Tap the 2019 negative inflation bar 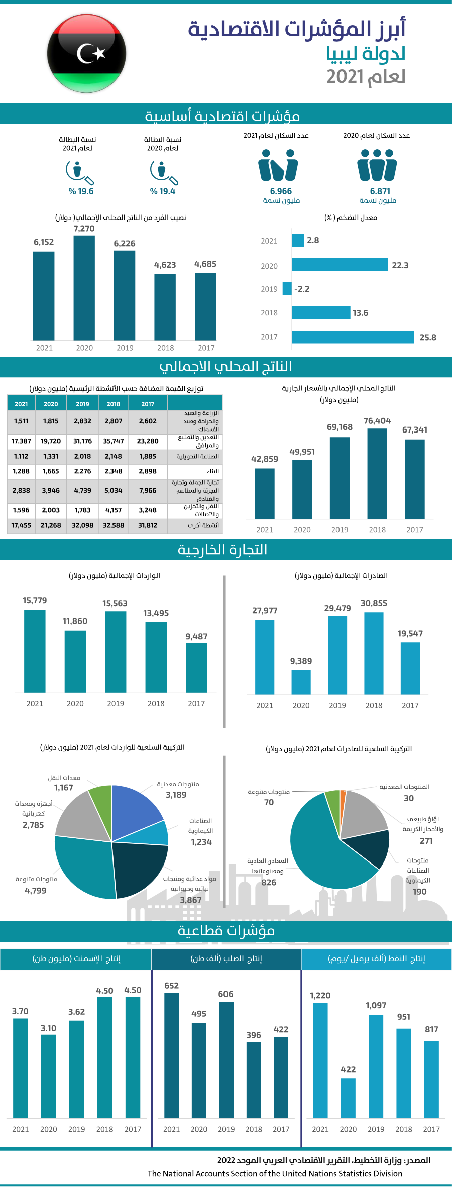point(287,289)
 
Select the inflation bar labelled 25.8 point(353,337)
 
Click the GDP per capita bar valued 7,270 point(84,288)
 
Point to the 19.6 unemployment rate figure point(81,191)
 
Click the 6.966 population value point(281,191)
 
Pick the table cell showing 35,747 point(114,441)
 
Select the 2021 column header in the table point(21,404)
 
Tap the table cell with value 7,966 point(148,490)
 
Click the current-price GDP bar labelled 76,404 point(377,474)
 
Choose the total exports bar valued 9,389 point(301,682)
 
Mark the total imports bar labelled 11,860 point(75,662)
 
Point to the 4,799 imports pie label point(36,891)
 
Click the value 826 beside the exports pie point(269,882)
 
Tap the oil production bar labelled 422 point(348,1098)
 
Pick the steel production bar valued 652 point(171,1055)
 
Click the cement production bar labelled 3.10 point(48,1076)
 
